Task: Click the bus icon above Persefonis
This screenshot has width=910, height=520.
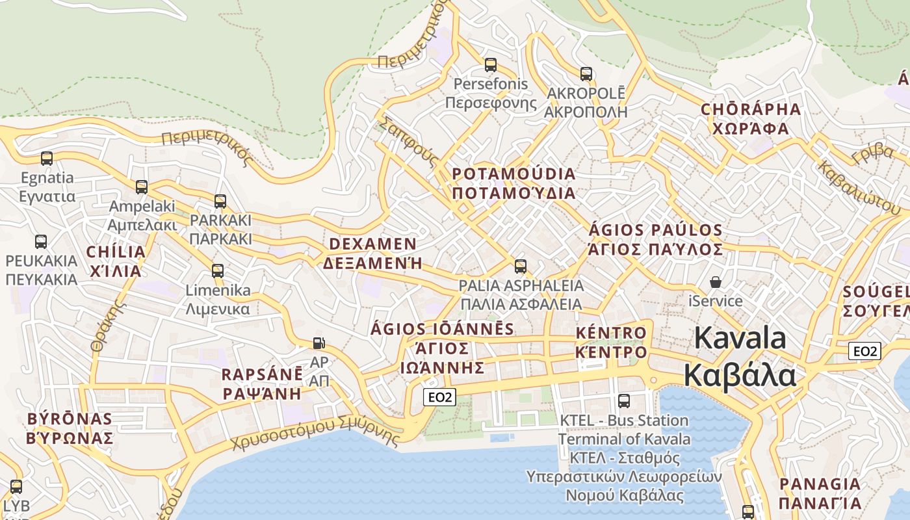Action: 491,65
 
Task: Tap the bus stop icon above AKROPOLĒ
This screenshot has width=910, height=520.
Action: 586,74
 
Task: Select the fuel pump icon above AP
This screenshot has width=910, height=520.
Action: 318,343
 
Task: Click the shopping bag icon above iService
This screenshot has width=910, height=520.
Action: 715,282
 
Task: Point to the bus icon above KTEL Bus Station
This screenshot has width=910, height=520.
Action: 624,401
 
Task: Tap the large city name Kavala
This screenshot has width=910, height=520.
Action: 740,339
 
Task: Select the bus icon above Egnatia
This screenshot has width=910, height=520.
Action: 47,158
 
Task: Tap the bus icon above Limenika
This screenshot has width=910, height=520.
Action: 218,270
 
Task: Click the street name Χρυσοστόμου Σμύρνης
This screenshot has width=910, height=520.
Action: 315,434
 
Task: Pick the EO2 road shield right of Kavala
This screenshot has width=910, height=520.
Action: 864,351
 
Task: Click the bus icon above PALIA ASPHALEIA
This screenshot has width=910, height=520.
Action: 520,266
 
